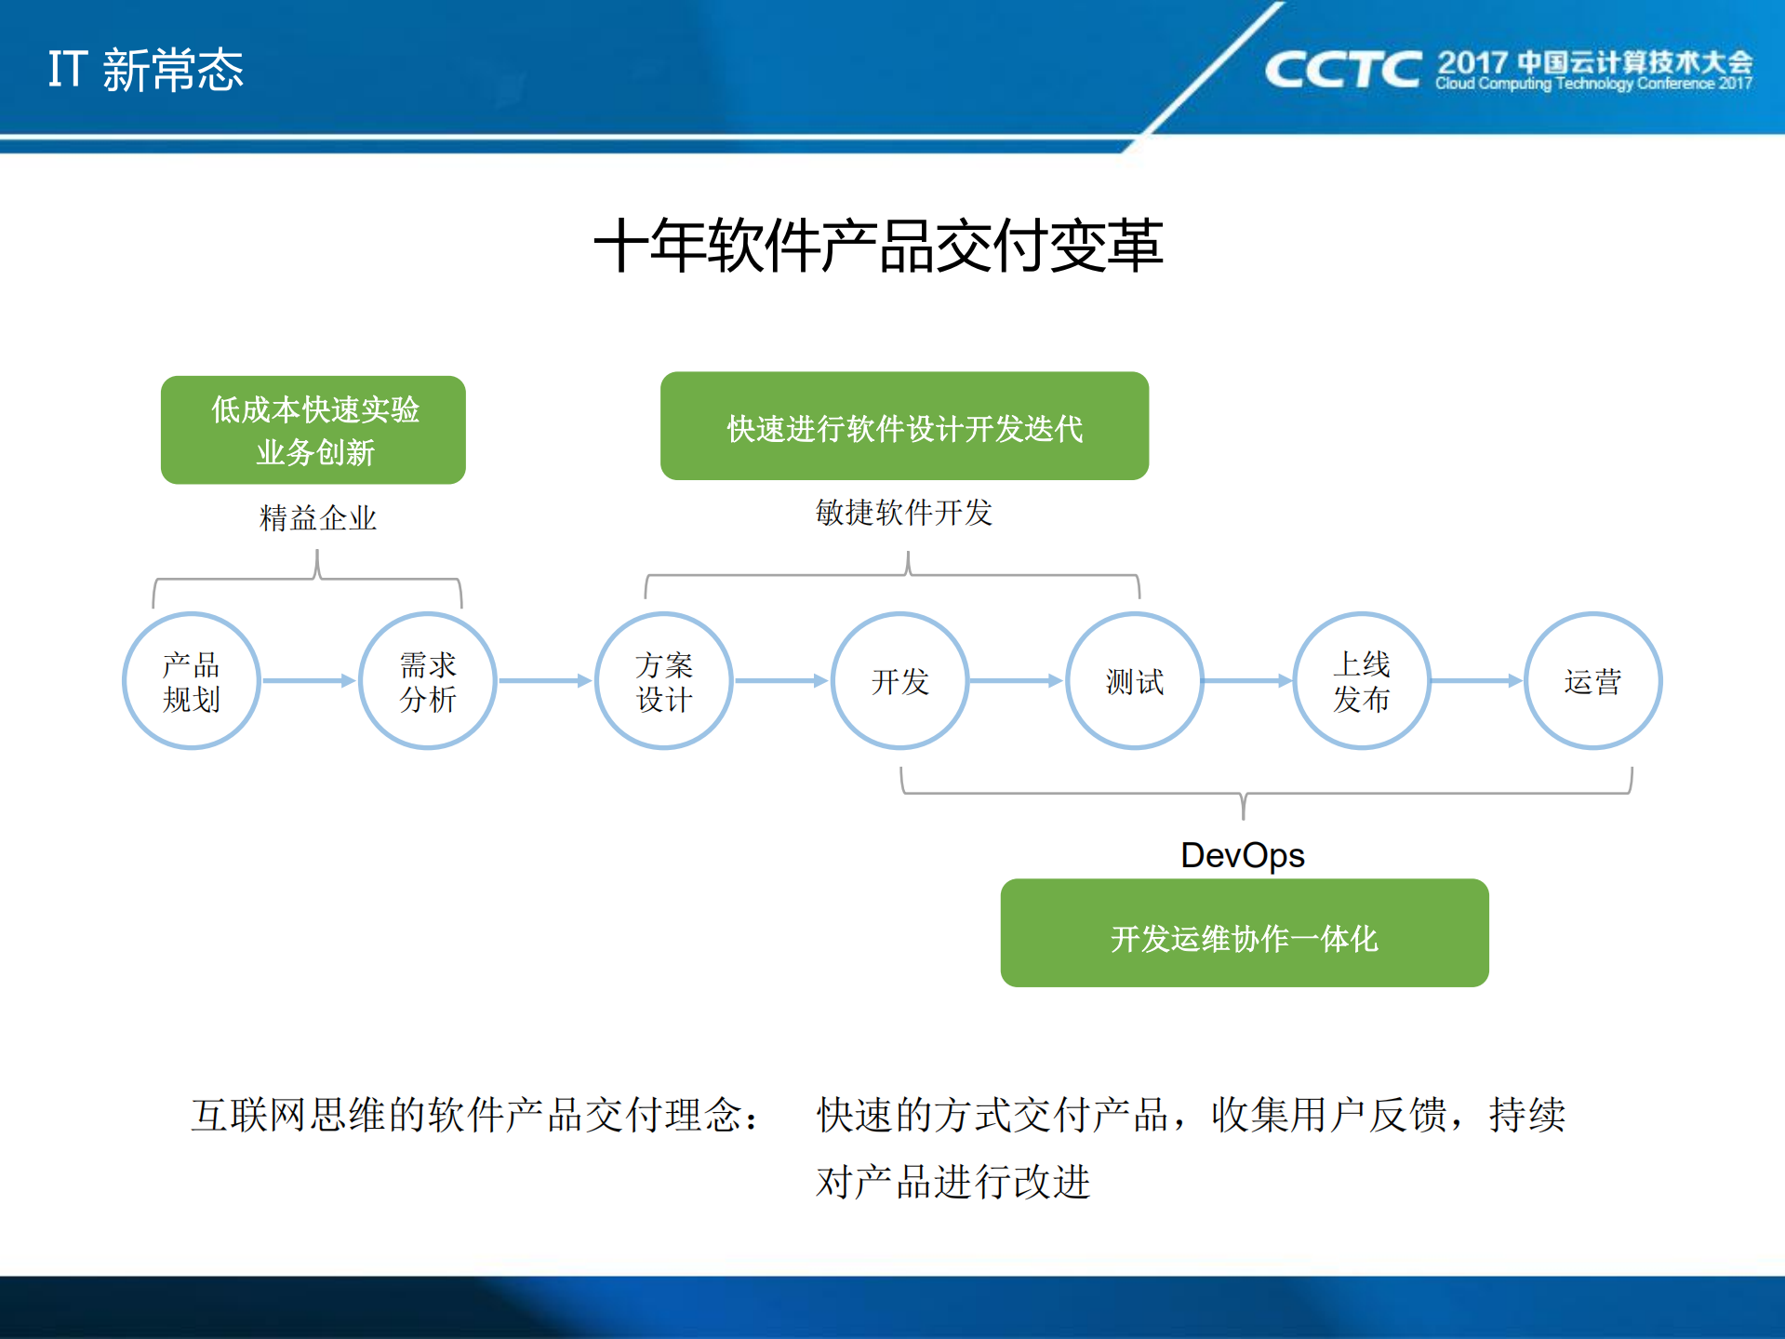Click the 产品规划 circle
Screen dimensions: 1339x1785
coord(192,681)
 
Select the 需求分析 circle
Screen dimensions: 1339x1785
coord(428,681)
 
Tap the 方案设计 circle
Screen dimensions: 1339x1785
coord(664,681)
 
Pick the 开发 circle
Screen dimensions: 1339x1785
coord(899,681)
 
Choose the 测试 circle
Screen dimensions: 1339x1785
coord(1135,681)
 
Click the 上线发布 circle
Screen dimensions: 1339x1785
coord(1362,681)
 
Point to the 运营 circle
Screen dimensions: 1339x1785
coord(1592,681)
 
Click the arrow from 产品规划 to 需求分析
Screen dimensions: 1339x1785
coord(309,681)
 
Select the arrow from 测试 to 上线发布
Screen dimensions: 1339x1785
coord(1247,681)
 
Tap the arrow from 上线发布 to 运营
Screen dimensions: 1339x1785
coord(1476,681)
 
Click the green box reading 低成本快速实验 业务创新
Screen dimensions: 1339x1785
coord(313,430)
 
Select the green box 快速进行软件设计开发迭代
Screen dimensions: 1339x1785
coord(904,426)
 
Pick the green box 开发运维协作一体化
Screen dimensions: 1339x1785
coord(1244,933)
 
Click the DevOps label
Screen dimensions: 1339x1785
coord(1242,855)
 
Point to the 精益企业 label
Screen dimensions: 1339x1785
coord(318,518)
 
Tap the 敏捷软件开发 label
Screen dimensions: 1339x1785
coord(904,513)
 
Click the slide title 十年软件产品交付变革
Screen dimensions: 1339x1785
coord(878,247)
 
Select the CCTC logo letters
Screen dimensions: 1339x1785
coord(1342,71)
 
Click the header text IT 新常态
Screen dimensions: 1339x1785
coord(146,71)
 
